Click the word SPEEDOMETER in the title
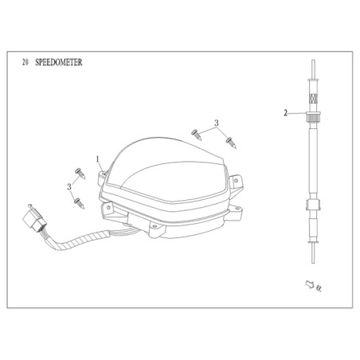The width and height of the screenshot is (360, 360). [x=59, y=62]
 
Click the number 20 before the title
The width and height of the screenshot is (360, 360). [x=25, y=62]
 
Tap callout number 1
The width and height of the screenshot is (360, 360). [x=97, y=159]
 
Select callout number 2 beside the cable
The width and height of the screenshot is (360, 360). [x=285, y=113]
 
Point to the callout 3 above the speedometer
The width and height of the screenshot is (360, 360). [x=217, y=123]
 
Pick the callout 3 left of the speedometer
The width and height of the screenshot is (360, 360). [x=69, y=187]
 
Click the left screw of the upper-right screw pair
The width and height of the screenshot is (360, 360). [x=197, y=135]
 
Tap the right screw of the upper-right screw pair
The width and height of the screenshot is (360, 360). [x=231, y=143]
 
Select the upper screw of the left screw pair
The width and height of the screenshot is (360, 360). [x=80, y=174]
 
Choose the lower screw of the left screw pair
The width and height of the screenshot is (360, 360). [x=80, y=203]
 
